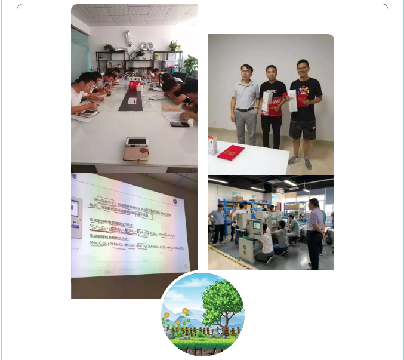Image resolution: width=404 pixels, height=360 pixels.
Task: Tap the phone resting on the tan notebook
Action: point(135,141)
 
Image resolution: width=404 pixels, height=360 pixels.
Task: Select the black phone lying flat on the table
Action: point(179,124)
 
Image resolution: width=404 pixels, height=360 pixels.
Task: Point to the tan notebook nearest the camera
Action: point(135,150)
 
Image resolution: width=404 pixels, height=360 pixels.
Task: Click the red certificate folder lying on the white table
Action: point(230,152)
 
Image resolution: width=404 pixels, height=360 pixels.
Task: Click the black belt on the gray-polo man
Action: point(245,109)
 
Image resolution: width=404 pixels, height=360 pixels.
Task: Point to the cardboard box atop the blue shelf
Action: point(237,196)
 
